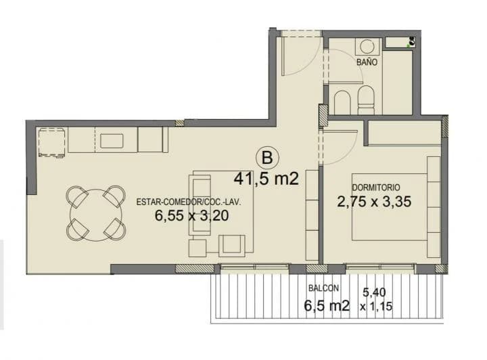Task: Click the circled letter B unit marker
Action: (267, 158)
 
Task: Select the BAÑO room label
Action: (367, 62)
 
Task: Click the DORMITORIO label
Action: (376, 187)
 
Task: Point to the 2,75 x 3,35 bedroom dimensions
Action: (375, 201)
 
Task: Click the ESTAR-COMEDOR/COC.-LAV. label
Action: (189, 202)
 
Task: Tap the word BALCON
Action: (323, 288)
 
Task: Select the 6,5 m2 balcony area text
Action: (327, 305)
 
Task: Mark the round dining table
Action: (95, 214)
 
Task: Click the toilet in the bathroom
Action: (366, 100)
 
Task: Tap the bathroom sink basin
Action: (367, 46)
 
